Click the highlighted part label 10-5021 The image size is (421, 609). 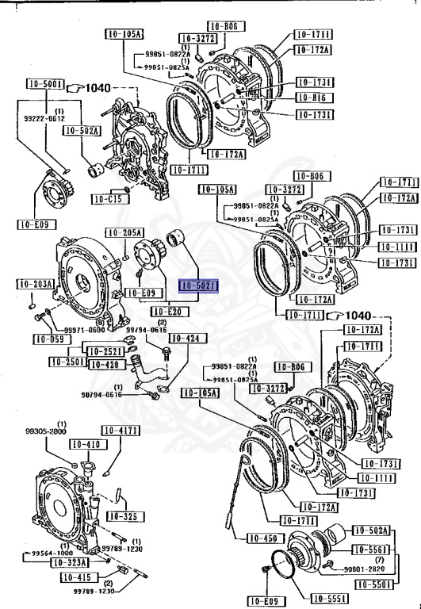click(198, 285)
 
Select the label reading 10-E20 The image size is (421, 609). click(167, 311)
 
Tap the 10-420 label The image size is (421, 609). click(104, 364)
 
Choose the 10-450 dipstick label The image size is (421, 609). click(265, 538)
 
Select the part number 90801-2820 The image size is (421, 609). click(366, 569)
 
